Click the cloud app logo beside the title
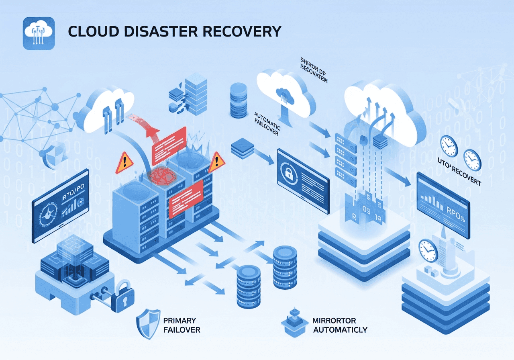(x=39, y=33)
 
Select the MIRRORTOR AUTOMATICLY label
(x=340, y=325)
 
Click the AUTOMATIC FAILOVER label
(x=267, y=124)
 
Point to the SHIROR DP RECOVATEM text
(x=314, y=70)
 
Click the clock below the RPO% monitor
(x=428, y=251)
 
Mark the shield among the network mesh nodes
(x=54, y=155)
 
